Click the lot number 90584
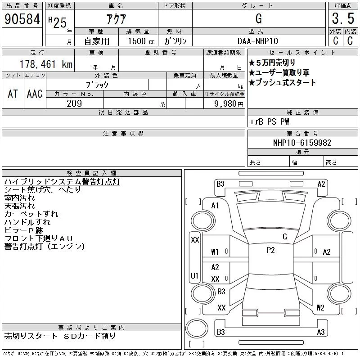pyautogui.click(x=22, y=19)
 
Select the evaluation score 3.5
pyautogui.click(x=342, y=19)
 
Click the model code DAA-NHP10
pyautogui.click(x=258, y=40)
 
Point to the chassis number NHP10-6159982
pyautogui.click(x=302, y=143)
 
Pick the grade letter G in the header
pyautogui.click(x=258, y=19)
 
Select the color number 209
pyautogui.click(x=74, y=103)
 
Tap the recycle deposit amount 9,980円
pyautogui.click(x=230, y=103)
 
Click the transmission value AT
pyautogui.click(x=13, y=94)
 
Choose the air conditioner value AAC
pyautogui.click(x=35, y=94)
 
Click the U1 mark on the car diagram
pyautogui.click(x=195, y=275)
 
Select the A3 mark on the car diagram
pyautogui.click(x=321, y=332)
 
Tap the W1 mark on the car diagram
pyautogui.click(x=215, y=252)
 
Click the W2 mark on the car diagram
pyautogui.click(x=320, y=308)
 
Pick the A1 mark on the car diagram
pyautogui.click(x=215, y=206)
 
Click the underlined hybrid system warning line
pyautogui.click(x=62, y=182)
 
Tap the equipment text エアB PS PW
pyautogui.click(x=270, y=121)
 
